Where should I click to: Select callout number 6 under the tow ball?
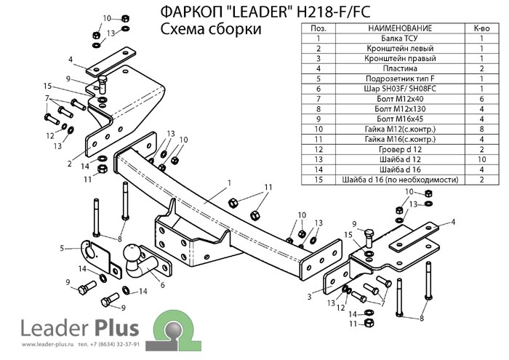click(162, 284)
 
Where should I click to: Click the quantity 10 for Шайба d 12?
click(481, 159)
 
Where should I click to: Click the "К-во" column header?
click(481, 26)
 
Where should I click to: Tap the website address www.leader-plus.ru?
click(31, 345)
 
